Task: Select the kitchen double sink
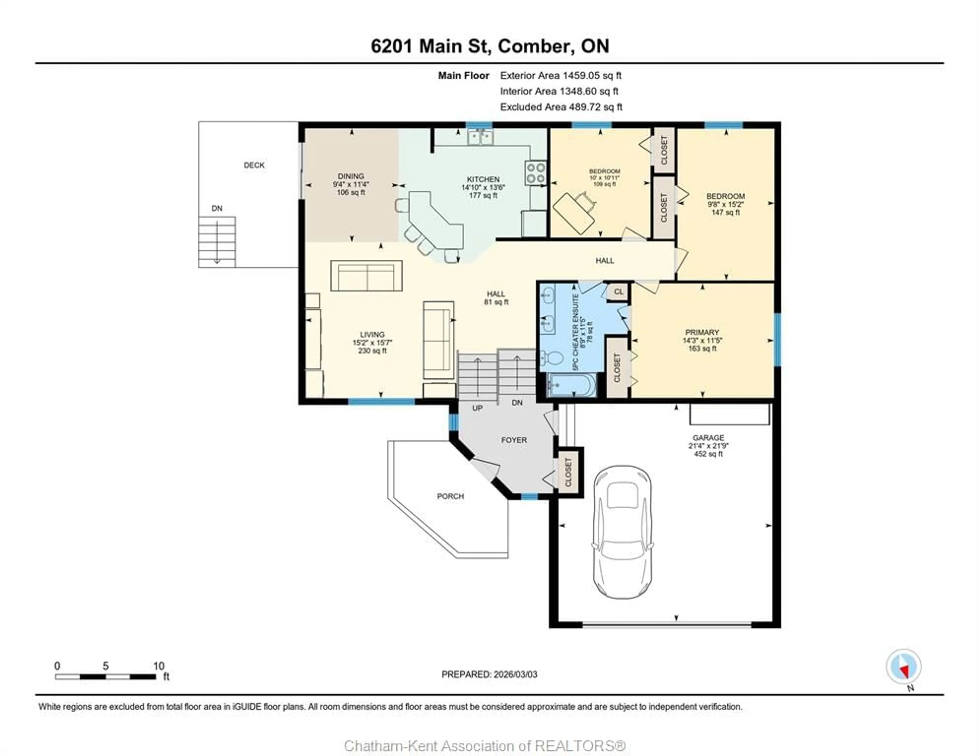click(480, 136)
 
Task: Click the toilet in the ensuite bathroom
click(552, 358)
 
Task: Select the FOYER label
click(514, 440)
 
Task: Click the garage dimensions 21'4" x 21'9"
click(708, 446)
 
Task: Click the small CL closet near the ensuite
click(618, 292)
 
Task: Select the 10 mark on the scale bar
click(159, 666)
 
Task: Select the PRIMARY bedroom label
click(702, 332)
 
